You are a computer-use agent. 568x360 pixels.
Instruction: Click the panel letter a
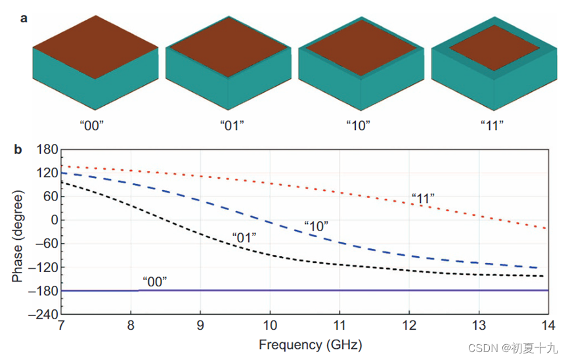coord(24,18)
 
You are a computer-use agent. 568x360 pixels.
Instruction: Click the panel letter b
coord(18,150)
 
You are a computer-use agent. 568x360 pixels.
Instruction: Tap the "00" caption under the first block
coord(96,125)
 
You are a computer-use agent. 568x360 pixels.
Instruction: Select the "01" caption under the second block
coord(229,125)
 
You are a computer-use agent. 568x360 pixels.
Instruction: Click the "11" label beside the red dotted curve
coord(423,196)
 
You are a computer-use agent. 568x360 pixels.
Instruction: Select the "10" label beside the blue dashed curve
coord(316,226)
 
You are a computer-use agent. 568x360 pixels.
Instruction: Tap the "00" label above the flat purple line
coord(154,281)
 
